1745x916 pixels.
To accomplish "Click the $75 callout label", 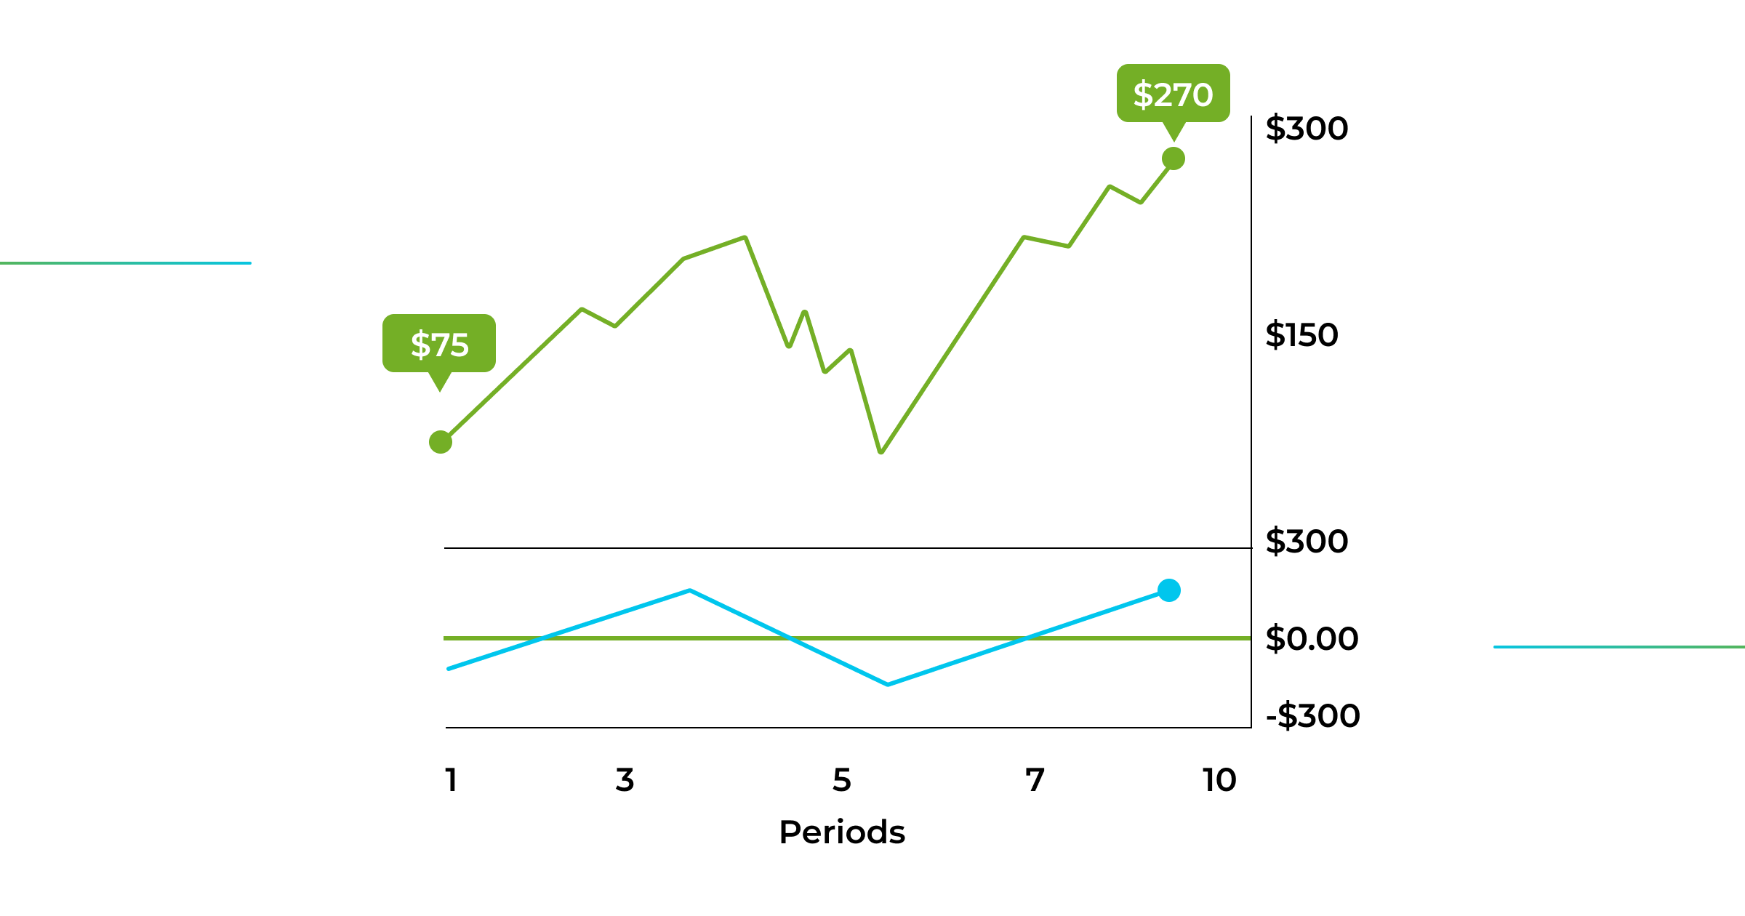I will tap(439, 344).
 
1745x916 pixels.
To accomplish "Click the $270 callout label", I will tap(1173, 94).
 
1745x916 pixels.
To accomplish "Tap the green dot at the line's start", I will tap(441, 442).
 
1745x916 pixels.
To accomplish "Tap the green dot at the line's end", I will tap(1174, 158).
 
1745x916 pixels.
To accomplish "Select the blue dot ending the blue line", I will tap(1169, 590).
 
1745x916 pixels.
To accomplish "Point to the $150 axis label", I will tap(1301, 335).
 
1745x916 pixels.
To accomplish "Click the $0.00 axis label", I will tap(1312, 639).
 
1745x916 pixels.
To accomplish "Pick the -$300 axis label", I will tap(1312, 716).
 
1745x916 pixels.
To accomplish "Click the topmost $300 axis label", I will tap(1307, 129).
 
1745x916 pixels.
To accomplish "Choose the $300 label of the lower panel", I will tap(1307, 542).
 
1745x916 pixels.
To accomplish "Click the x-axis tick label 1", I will tap(452, 780).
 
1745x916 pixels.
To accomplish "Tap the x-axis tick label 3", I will tap(625, 780).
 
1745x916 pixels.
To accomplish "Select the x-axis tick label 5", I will tap(841, 780).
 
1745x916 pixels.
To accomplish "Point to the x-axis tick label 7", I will tap(1035, 780).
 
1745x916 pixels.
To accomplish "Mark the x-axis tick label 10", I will tap(1219, 780).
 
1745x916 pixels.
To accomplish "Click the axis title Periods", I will tap(842, 832).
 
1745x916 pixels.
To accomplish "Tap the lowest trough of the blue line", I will tap(888, 684).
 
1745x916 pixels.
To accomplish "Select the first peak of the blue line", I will tap(689, 590).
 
